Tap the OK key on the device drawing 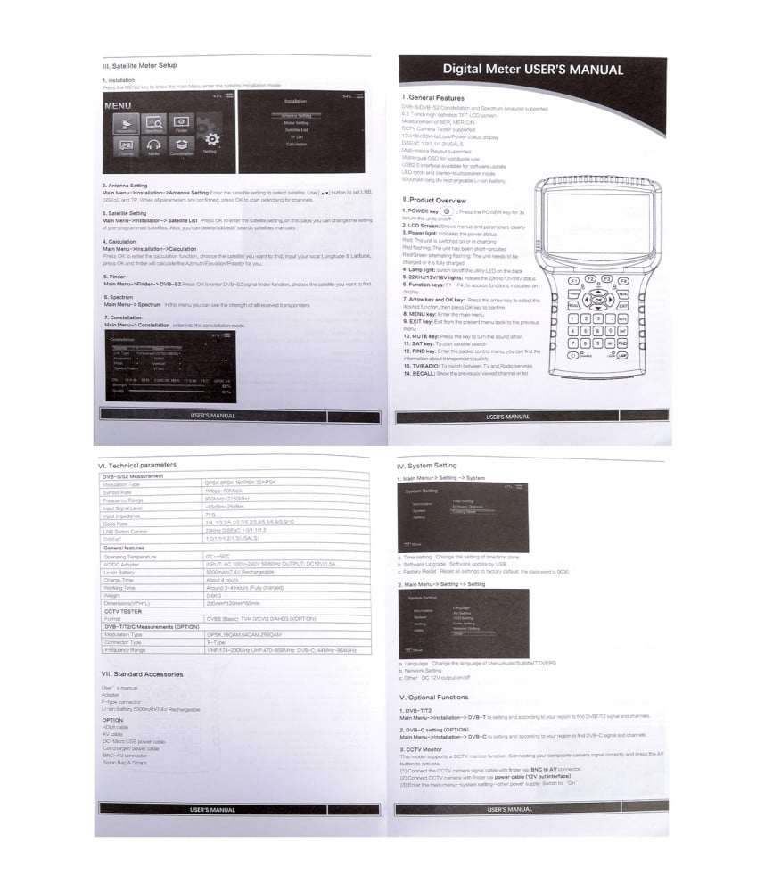[597, 301]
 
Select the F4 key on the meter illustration [623, 280]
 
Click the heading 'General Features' [435, 97]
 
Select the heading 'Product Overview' [437, 201]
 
